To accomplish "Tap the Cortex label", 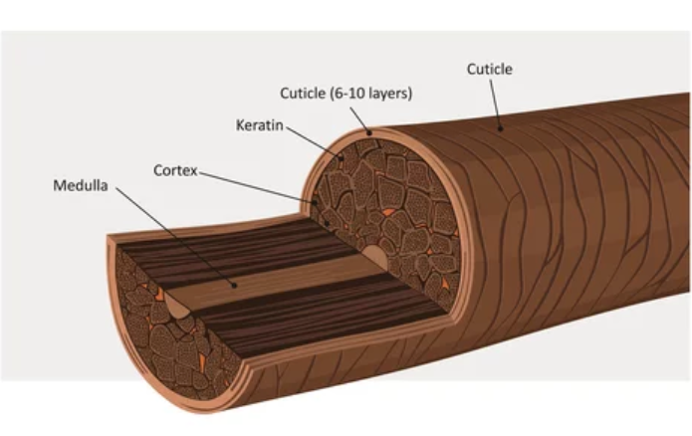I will pos(174,170).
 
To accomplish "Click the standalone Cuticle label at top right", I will pos(489,70).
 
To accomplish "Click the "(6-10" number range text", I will pos(346,94).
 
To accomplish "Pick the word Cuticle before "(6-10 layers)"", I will pos(303,94).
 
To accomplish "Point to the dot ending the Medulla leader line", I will pos(233,284).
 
